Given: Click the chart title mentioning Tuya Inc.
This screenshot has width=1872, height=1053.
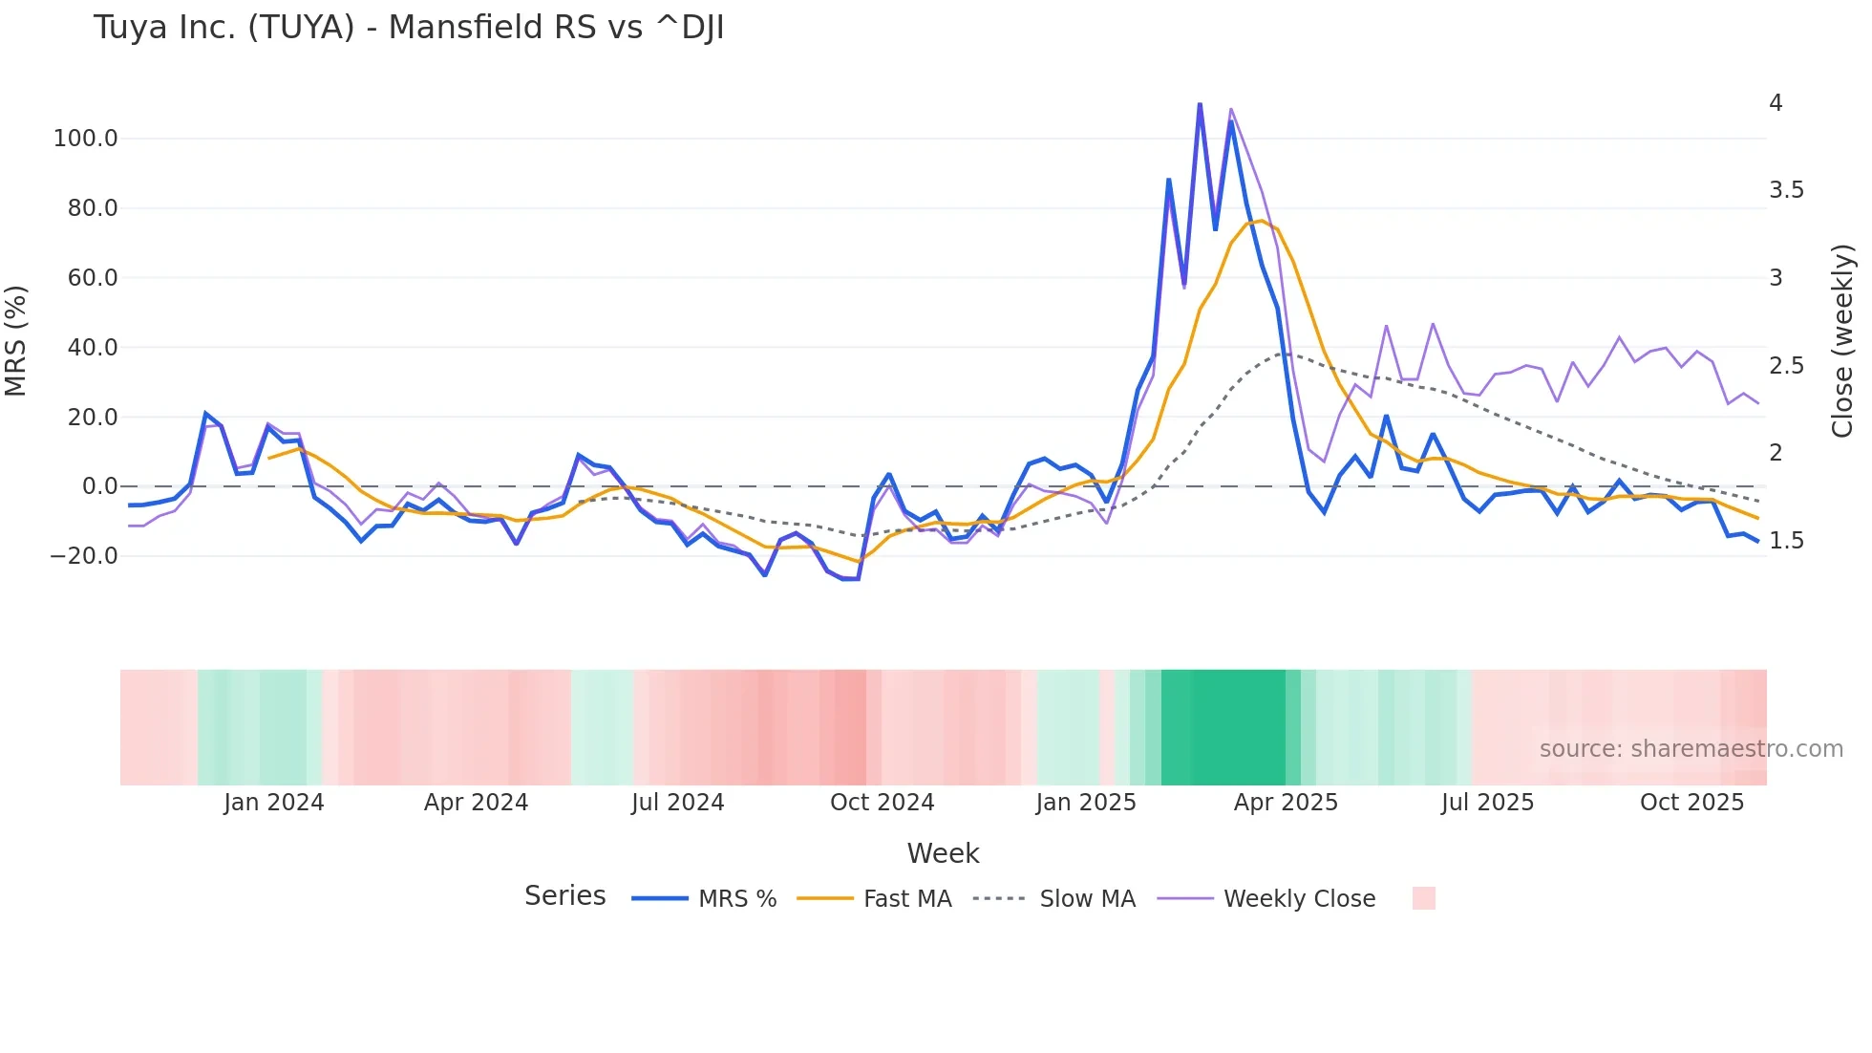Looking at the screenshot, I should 408,28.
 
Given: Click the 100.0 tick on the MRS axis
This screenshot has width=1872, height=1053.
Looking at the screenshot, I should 85,139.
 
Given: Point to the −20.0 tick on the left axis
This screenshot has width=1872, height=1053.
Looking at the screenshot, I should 83,556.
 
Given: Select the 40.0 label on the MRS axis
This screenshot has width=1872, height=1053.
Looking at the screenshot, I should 92,348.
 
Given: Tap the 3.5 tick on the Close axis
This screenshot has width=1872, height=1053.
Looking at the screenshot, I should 1786,190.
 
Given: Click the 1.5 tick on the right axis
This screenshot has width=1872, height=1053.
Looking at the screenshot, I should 1786,541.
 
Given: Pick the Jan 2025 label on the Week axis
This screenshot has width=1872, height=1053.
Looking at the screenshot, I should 1085,803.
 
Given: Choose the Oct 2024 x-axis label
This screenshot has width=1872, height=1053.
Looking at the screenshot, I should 882,803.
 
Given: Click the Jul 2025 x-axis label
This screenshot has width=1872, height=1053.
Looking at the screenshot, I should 1487,803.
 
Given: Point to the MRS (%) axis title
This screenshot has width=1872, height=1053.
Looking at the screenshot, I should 16,340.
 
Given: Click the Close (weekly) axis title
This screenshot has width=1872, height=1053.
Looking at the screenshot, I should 1842,340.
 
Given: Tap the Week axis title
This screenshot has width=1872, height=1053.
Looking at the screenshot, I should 943,853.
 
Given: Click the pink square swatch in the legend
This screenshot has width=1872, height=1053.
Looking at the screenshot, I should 1423,898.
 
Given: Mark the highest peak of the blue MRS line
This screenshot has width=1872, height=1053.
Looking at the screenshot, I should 1200,103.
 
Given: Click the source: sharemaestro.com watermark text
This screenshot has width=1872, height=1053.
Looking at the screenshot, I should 1691,749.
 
